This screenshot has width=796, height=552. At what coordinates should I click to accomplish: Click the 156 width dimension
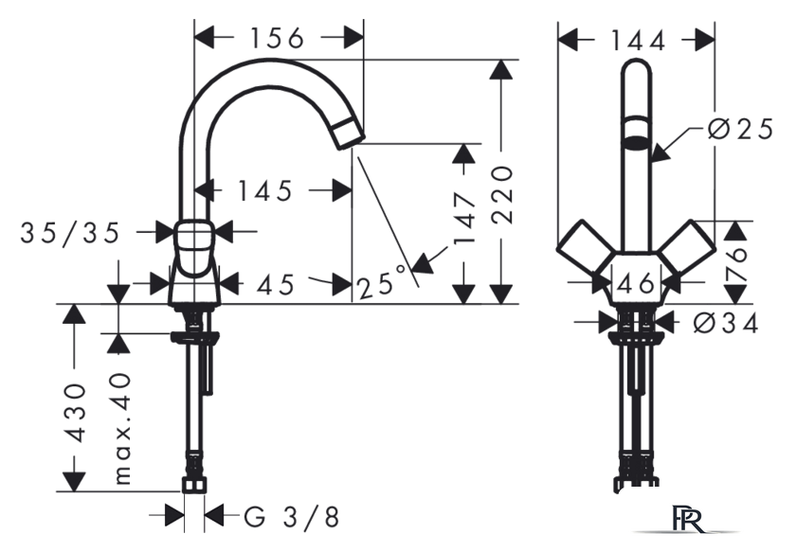[277, 38]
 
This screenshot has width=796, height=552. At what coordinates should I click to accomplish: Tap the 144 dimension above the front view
[638, 41]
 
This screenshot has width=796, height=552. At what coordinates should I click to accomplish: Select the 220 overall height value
[503, 195]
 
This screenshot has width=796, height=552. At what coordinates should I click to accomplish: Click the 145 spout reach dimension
[265, 190]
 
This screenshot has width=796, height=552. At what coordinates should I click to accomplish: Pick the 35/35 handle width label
[70, 233]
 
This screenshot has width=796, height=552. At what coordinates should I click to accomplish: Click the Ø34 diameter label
[726, 323]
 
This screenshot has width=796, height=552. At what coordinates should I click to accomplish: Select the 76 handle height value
[736, 264]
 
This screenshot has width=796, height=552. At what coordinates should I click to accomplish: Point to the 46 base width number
[636, 283]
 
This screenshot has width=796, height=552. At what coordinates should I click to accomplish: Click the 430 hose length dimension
[76, 413]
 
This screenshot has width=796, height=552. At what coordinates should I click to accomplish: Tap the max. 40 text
[122, 429]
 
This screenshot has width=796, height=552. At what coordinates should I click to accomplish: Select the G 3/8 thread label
[292, 518]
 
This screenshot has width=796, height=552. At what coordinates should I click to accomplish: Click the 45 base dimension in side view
[275, 284]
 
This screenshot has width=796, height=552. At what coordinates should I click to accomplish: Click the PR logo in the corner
[688, 519]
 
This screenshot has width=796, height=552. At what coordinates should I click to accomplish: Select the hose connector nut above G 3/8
[194, 484]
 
